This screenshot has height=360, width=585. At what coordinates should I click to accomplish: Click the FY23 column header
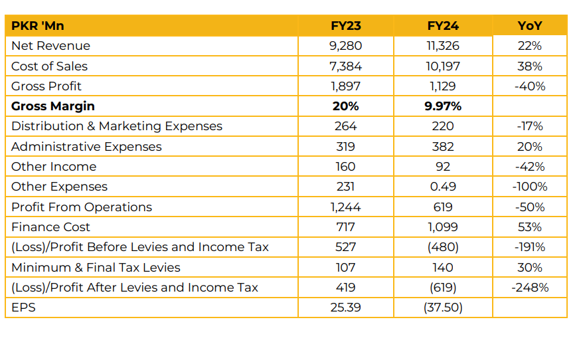coord(345,26)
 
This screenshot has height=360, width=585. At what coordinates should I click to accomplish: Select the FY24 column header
coord(443,26)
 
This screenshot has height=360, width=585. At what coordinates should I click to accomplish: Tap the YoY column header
coord(530,26)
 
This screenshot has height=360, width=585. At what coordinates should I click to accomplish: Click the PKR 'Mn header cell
coord(38,26)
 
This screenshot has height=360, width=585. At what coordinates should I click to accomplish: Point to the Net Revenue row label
coord(50,46)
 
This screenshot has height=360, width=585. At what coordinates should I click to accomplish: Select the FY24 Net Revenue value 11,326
coord(443,46)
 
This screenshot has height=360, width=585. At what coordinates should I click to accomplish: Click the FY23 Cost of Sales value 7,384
coord(345,66)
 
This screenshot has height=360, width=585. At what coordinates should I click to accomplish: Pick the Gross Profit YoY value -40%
coord(530,86)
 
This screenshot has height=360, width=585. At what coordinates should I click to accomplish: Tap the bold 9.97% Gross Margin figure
coord(443,106)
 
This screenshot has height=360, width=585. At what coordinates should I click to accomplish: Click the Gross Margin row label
coord(53,106)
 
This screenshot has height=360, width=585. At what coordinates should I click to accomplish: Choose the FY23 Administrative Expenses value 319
coord(345,147)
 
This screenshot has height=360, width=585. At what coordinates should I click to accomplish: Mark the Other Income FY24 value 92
coord(443,167)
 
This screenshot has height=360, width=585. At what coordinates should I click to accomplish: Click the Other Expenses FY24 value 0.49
coord(443,187)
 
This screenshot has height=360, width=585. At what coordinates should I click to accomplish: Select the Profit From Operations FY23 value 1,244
coord(345,207)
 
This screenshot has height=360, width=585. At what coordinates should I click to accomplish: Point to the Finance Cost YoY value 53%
coord(530,227)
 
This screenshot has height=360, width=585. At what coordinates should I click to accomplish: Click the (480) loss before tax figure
coord(443,247)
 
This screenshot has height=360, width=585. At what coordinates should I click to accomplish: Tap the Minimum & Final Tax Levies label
coord(96,268)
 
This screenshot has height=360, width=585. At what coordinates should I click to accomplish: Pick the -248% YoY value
coord(530,288)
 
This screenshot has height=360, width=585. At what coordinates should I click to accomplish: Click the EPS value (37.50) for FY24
coord(443,308)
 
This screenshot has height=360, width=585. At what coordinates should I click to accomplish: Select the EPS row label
coord(23,308)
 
